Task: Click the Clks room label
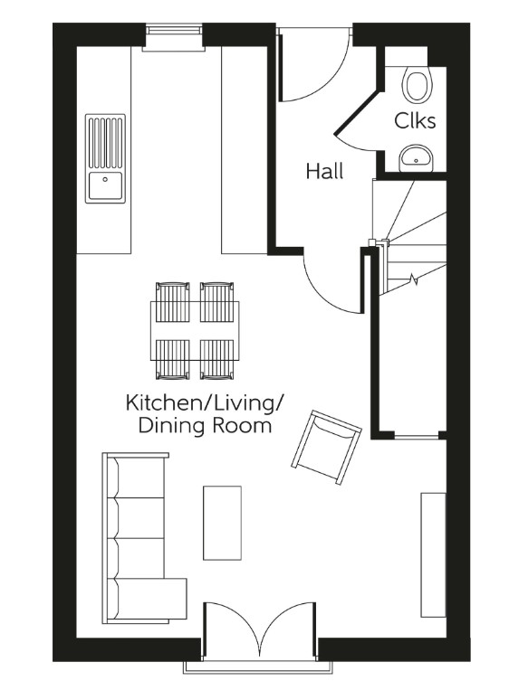pyautogui.click(x=415, y=121)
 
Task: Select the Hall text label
pyautogui.click(x=324, y=171)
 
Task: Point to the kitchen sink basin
pyautogui.click(x=105, y=186)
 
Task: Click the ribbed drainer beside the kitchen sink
pyautogui.click(x=105, y=141)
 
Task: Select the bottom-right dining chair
pyautogui.click(x=217, y=359)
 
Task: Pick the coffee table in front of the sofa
pyautogui.click(x=222, y=523)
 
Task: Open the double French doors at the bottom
pyautogui.click(x=260, y=633)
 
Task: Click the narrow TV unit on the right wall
pyautogui.click(x=433, y=554)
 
